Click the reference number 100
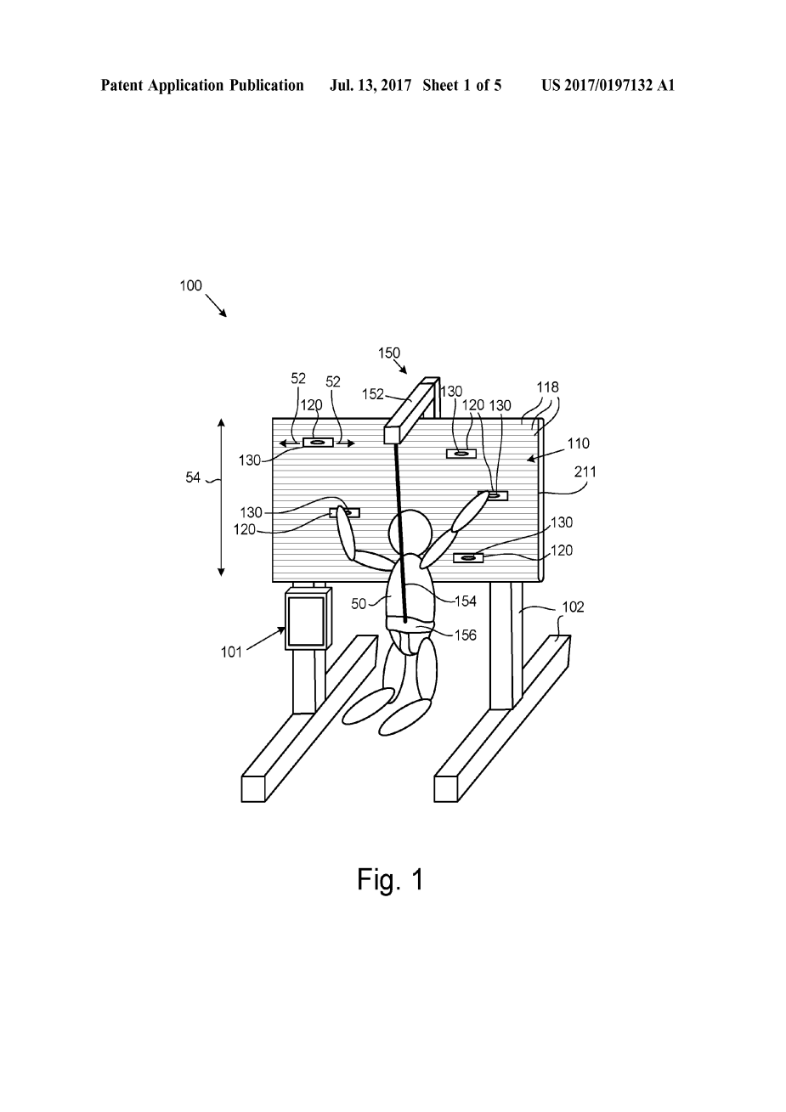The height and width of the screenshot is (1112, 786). click(190, 285)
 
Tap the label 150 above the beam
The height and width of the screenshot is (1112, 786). click(389, 353)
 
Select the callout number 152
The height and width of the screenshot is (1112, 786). click(373, 393)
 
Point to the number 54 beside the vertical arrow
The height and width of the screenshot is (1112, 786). click(193, 477)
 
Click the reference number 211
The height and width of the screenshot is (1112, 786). click(585, 471)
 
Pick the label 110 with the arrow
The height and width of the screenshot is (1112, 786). click(579, 443)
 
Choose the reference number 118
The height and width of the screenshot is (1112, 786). click(548, 387)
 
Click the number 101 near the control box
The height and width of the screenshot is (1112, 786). click(231, 652)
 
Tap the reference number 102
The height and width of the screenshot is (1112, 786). click(573, 607)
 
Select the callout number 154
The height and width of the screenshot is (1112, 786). click(466, 601)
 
